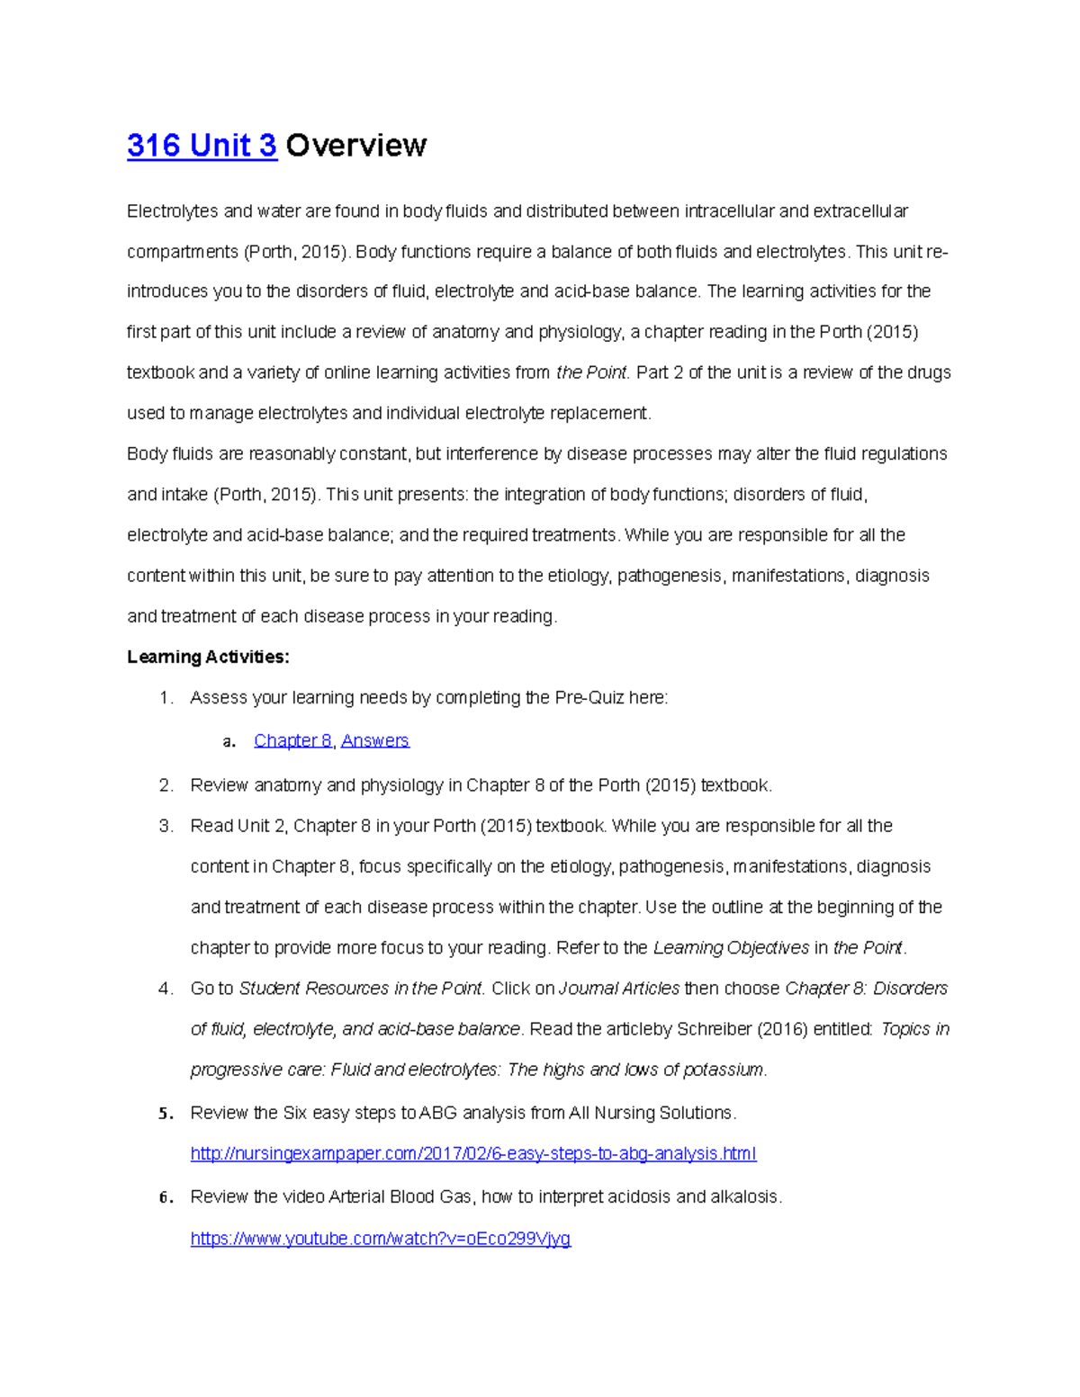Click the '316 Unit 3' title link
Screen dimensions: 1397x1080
(202, 146)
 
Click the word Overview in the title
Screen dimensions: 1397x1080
(355, 146)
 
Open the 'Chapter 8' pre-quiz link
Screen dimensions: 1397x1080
(292, 740)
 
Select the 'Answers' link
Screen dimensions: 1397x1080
(374, 740)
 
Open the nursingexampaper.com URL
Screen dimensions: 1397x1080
(472, 1153)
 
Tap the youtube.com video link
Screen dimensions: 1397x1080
(380, 1239)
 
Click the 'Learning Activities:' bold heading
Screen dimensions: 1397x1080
(208, 657)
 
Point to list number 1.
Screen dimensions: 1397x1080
(165, 698)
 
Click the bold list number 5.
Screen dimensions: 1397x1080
(165, 1114)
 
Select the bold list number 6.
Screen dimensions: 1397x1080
(165, 1197)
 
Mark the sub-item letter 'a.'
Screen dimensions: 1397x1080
(229, 741)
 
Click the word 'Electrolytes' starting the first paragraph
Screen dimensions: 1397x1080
(172, 211)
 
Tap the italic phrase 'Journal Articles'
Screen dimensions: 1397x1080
(619, 989)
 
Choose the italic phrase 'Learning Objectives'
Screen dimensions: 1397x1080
(731, 948)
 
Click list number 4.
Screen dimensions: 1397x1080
(165, 989)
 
